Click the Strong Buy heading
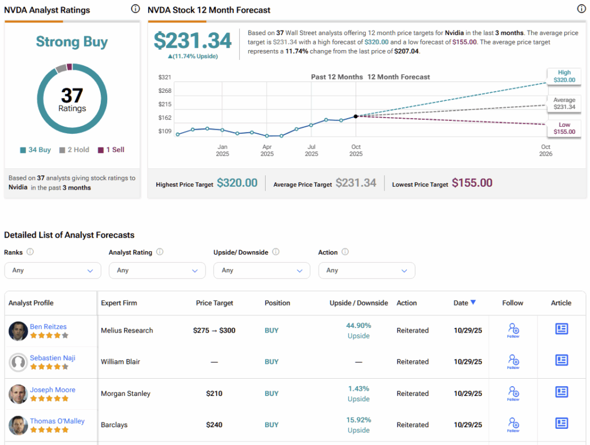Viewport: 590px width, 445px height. coord(72,42)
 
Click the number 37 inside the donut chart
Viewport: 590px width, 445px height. coord(72,95)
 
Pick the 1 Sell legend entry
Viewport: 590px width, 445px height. coord(111,150)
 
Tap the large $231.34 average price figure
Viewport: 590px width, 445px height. coord(192,40)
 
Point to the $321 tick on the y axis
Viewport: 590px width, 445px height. coord(165,77)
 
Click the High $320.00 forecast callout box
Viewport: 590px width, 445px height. coord(564,76)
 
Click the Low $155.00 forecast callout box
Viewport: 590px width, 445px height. coord(564,128)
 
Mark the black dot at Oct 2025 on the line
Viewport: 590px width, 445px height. coord(356,116)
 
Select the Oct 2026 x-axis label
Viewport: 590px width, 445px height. coord(546,150)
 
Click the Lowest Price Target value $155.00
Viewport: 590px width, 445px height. coord(472,183)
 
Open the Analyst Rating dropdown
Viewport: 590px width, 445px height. coord(157,270)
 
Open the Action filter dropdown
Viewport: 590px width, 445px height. coord(366,270)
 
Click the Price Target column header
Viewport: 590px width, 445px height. coord(214,303)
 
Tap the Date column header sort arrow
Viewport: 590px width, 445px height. coord(473,303)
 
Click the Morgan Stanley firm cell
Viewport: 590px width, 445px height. coord(126,394)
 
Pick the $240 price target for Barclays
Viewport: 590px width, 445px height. coord(214,425)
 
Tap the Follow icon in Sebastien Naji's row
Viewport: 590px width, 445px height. coord(513,361)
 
